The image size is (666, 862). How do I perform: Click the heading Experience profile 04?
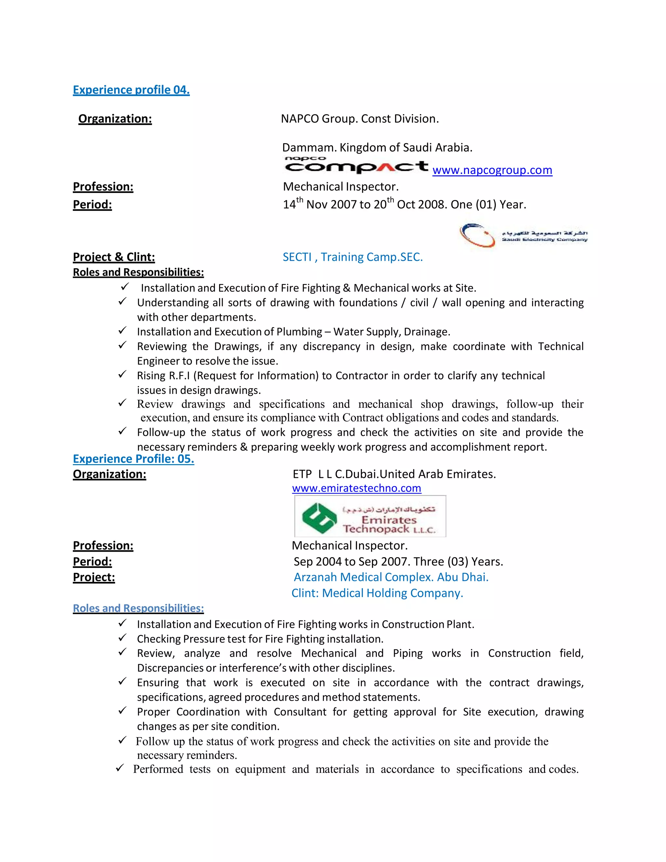point(131,90)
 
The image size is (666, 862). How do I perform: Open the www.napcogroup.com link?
point(492,170)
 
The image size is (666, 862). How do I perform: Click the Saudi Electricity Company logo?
point(523,236)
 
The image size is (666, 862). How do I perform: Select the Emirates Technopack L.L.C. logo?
point(370,516)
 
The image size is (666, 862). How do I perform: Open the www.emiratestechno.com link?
point(356,488)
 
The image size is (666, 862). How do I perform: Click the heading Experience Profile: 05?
point(133,459)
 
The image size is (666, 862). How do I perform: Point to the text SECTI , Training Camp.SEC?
point(352,257)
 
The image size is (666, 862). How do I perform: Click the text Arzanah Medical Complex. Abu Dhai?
point(391,577)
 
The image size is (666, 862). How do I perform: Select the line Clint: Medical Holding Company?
point(377,593)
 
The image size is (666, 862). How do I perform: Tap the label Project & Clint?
point(113,257)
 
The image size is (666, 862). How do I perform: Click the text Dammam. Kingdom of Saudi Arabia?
point(377,148)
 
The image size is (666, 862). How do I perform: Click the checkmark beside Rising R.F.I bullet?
point(122,374)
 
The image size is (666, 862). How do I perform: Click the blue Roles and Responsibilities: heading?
point(138,608)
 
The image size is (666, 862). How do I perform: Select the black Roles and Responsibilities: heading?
point(138,272)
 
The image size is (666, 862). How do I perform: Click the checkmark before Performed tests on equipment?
point(120,768)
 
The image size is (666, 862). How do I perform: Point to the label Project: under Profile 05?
point(94,577)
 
